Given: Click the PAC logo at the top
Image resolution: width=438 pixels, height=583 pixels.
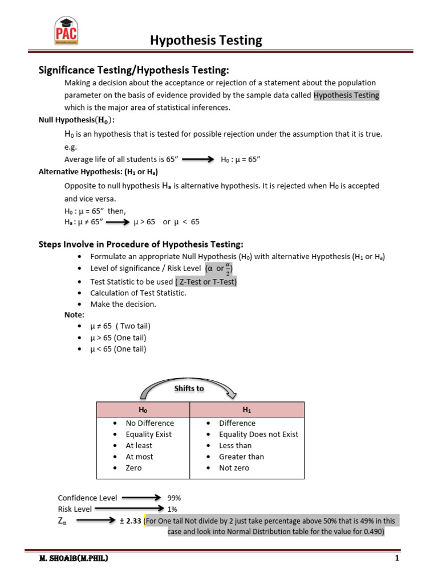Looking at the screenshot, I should tap(66, 31).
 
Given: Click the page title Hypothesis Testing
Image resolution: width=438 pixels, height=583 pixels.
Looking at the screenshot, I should tap(206, 40).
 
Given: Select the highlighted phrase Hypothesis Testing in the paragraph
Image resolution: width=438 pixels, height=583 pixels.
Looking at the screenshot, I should tap(346, 95).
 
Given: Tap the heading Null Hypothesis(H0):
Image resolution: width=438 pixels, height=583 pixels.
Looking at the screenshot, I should tap(76, 120).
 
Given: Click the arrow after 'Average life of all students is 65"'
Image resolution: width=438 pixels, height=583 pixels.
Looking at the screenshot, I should tap(197, 160).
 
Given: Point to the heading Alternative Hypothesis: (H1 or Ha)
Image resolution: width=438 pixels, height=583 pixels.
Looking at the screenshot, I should tap(98, 171).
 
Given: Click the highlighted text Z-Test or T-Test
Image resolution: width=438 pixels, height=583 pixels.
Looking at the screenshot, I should tap(206, 282).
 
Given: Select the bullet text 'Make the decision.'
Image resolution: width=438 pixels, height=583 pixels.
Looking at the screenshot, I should tap(123, 304).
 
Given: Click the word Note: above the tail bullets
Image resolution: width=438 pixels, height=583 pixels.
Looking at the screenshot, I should tap(74, 315).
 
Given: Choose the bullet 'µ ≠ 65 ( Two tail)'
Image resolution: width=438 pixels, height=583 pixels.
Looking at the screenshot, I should tap(120, 326).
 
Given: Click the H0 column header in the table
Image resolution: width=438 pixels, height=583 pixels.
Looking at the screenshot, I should tap(143, 410).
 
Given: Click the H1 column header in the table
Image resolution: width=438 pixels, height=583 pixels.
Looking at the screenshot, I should tap(246, 410).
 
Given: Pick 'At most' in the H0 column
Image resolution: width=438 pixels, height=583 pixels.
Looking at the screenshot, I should tap(139, 457).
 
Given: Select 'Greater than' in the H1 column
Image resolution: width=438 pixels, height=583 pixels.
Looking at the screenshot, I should tap(241, 457).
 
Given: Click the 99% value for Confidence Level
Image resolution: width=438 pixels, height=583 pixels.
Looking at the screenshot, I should tap(174, 498).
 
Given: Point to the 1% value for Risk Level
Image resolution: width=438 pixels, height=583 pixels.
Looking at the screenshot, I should tap(172, 509).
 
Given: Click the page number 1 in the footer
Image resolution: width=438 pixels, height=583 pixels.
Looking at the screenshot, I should tap(396, 559).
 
